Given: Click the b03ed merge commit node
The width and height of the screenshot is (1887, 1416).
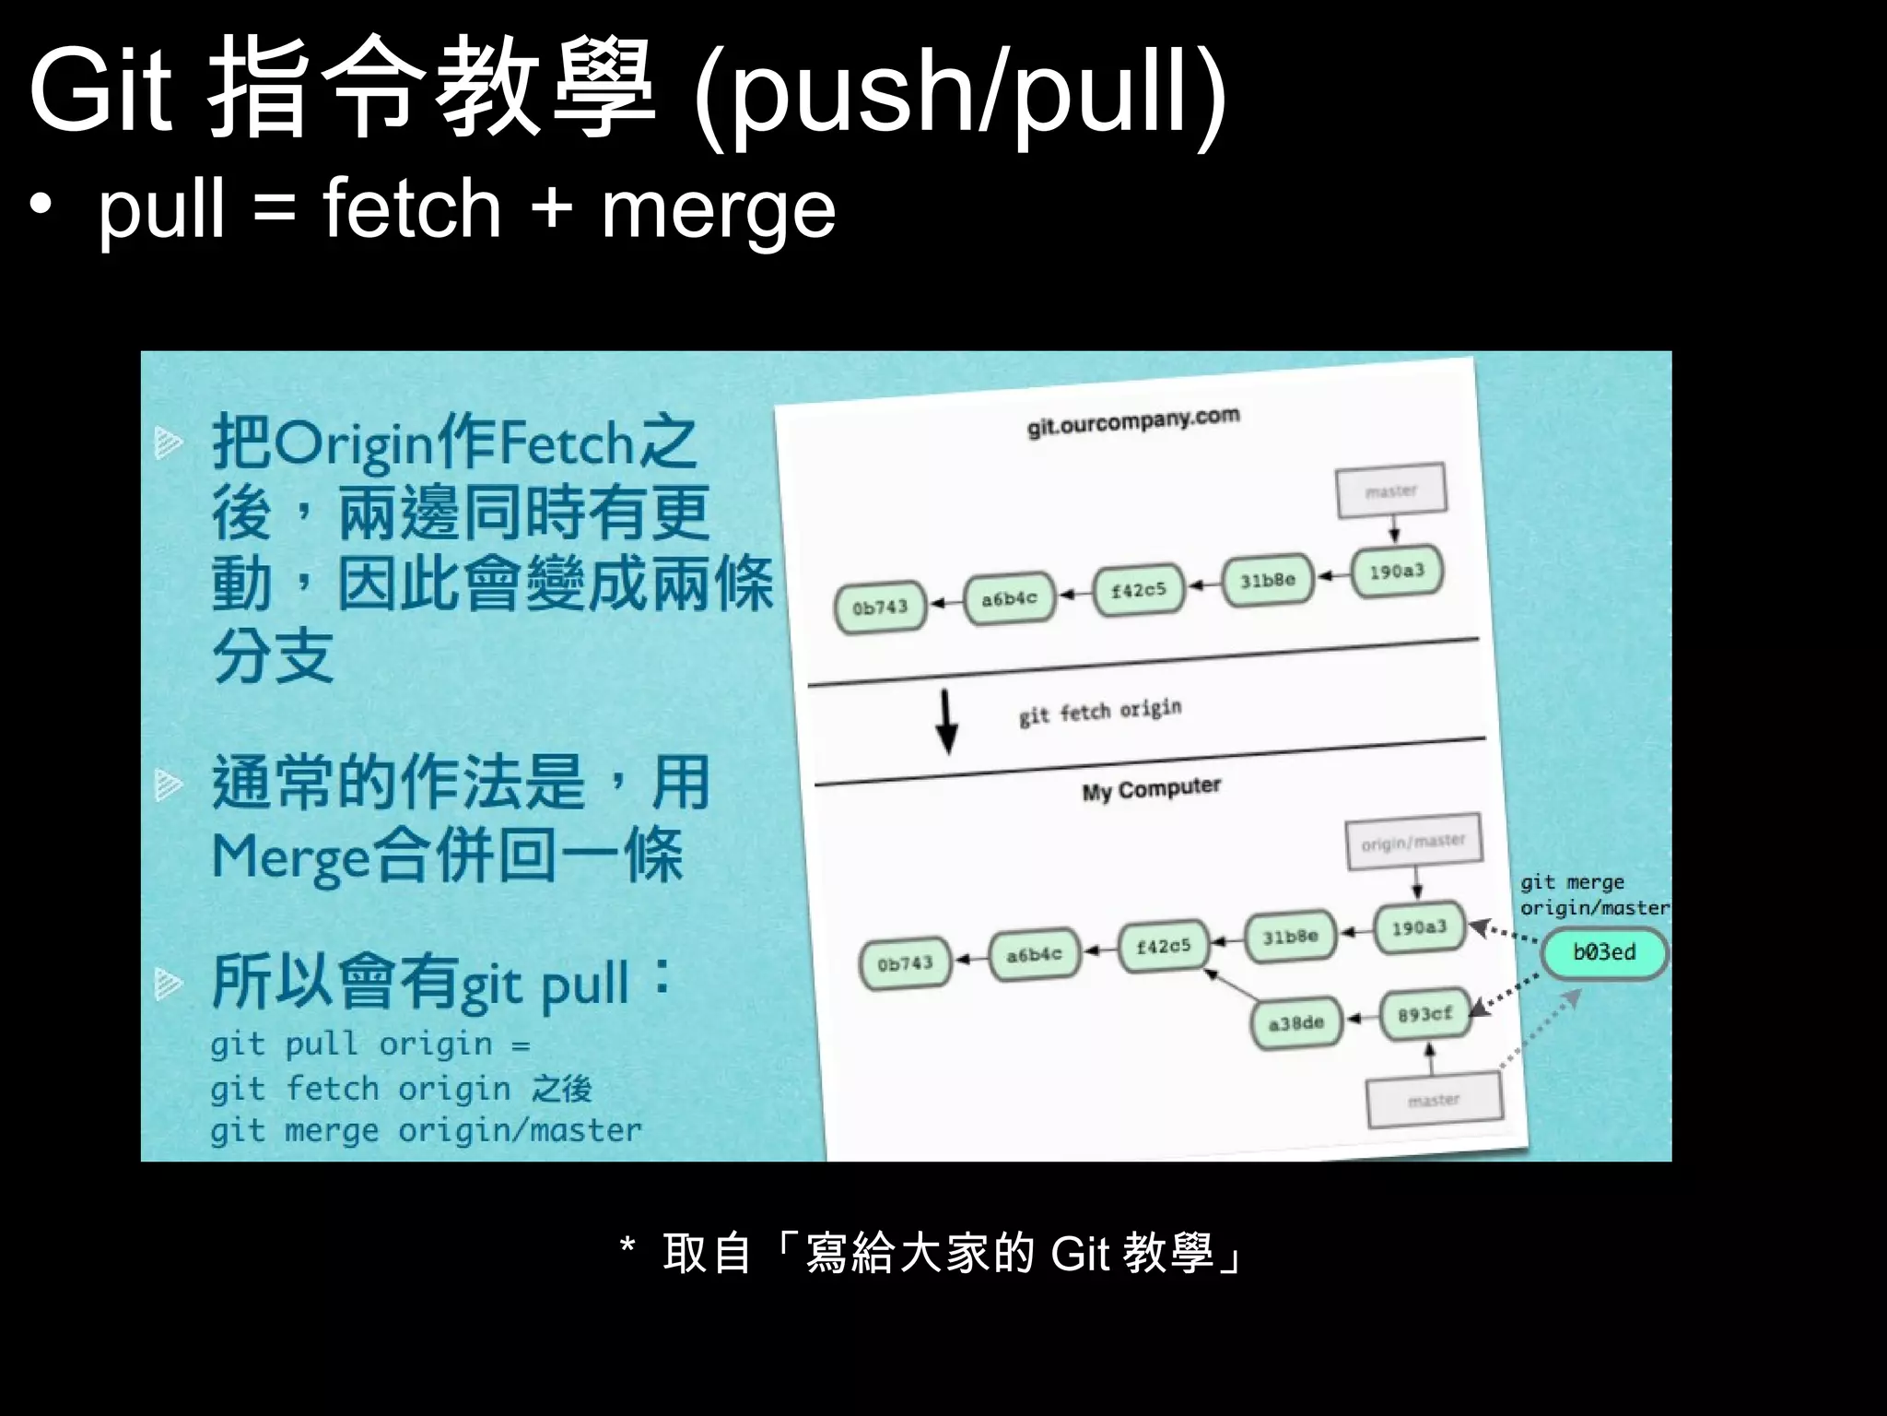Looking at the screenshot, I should [1604, 953].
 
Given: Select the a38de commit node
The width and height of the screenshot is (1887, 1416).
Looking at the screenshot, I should [1296, 1023].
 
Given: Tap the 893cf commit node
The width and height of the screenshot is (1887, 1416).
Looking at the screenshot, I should [1424, 1015].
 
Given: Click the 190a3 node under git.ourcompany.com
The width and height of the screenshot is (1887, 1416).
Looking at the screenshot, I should [1397, 572].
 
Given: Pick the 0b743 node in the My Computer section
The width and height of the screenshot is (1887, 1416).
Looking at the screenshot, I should [905, 964].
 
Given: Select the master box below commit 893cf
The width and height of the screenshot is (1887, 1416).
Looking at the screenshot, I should [1434, 1101].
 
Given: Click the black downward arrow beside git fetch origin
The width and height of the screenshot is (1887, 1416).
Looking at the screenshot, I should [946, 723].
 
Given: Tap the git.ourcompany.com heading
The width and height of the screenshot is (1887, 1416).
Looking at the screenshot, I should [1133, 421].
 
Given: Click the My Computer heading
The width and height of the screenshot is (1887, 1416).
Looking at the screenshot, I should [1151, 790].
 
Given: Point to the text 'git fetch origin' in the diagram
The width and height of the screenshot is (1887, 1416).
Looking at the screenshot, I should [1100, 712].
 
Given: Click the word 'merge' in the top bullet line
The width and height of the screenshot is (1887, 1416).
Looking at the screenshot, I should [718, 210].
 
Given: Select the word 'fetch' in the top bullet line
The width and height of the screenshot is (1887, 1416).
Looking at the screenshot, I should [411, 208].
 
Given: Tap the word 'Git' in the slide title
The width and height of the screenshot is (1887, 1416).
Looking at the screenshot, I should [100, 91].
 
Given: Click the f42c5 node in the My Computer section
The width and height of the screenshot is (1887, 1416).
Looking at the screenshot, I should [1163, 947].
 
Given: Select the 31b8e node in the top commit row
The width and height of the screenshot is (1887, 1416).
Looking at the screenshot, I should [1267, 581].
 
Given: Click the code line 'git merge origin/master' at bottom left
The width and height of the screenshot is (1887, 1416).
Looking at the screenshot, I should [426, 1131].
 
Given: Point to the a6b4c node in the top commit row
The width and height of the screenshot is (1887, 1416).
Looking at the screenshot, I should [1009, 599].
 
